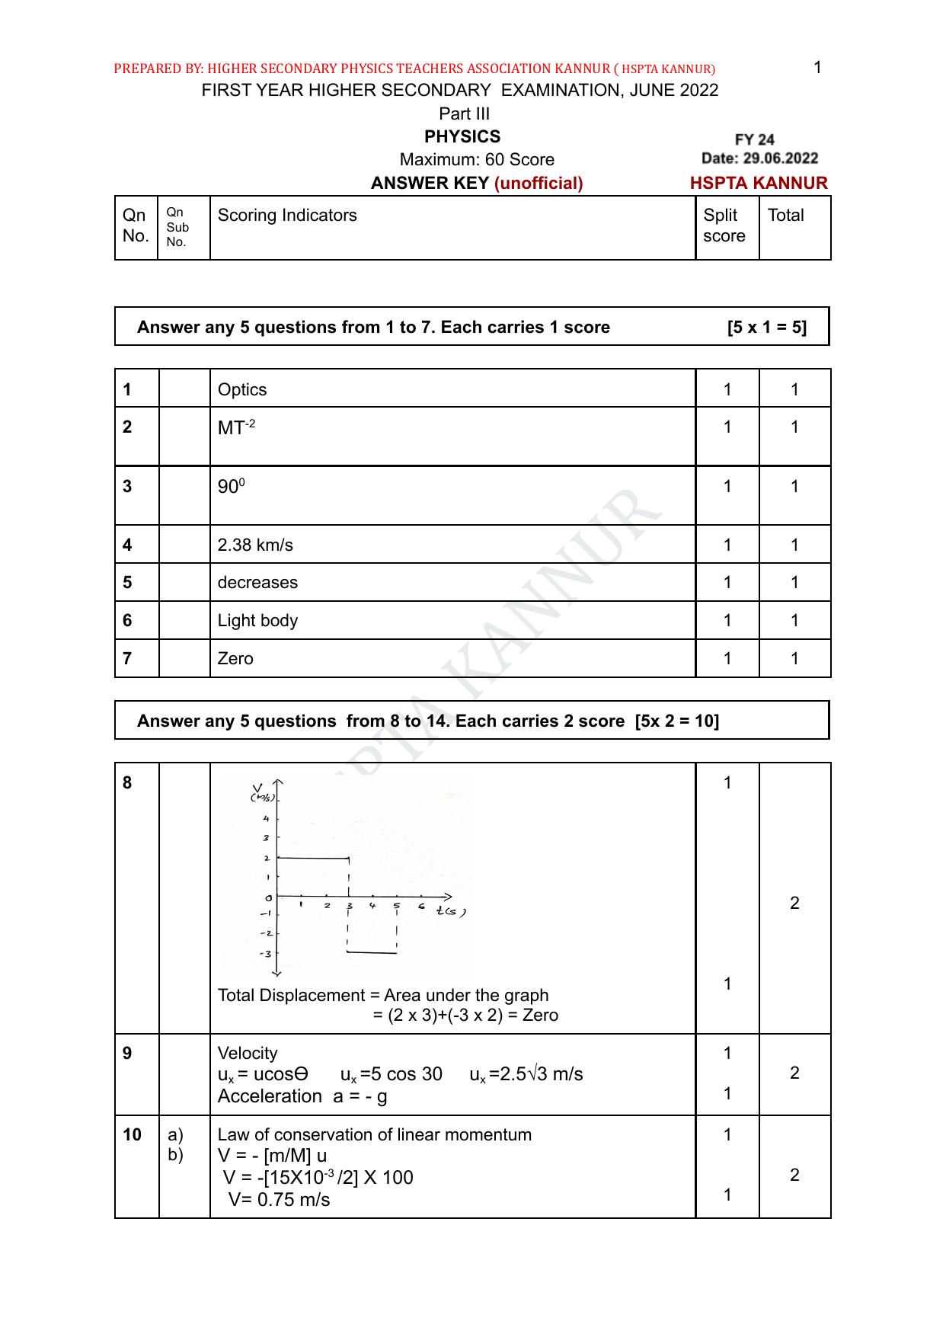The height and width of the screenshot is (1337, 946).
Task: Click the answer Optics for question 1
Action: click(x=242, y=389)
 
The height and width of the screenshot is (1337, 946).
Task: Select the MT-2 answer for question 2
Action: click(x=236, y=427)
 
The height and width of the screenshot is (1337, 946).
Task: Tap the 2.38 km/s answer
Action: click(x=255, y=545)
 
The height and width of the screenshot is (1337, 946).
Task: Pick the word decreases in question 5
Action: click(x=257, y=582)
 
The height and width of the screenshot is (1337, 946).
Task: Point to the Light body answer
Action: click(x=257, y=620)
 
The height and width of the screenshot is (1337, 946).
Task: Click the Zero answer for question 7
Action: click(x=235, y=658)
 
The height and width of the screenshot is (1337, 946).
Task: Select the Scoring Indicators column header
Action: click(x=287, y=216)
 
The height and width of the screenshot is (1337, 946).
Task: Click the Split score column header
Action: click(x=724, y=225)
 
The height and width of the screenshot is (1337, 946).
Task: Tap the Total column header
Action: click(x=785, y=216)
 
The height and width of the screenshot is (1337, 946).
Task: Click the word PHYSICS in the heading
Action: click(x=462, y=136)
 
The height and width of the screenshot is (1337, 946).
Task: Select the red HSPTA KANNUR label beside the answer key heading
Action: click(x=759, y=183)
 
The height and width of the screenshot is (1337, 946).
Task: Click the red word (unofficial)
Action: click(x=539, y=183)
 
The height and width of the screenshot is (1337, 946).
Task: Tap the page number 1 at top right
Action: click(x=817, y=68)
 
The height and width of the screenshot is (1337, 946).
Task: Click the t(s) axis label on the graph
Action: click(x=450, y=910)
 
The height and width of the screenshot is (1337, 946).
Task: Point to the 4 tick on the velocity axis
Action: click(x=266, y=819)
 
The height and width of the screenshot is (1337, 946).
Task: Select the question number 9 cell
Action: click(x=127, y=1053)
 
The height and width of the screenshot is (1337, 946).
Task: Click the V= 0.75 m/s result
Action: click(x=280, y=1200)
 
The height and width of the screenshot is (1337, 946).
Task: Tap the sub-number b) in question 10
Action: click(x=175, y=1155)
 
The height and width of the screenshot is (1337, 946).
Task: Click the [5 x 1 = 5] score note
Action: click(x=766, y=328)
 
